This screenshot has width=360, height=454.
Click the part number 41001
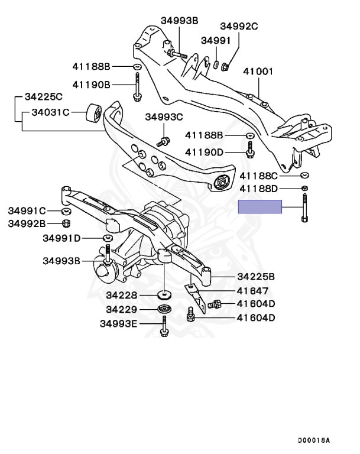pyautogui.click(x=258, y=72)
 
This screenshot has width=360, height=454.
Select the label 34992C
pyautogui.click(x=239, y=26)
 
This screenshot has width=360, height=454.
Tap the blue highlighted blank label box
pyautogui.click(x=260, y=206)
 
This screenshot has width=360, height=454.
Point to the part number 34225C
pyautogui.click(x=43, y=96)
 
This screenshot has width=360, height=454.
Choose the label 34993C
pyautogui.click(x=164, y=116)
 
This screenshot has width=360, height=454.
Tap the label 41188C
pyautogui.click(x=259, y=176)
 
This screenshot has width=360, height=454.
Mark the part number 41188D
pyautogui.click(x=259, y=189)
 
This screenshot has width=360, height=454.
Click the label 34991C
pyautogui.click(x=27, y=210)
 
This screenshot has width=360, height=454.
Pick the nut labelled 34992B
pyautogui.click(x=66, y=223)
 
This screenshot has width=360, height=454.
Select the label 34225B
pyautogui.click(x=256, y=276)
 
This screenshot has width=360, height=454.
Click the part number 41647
pyautogui.click(x=252, y=290)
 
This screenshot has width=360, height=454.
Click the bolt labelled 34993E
pyautogui.click(x=163, y=326)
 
